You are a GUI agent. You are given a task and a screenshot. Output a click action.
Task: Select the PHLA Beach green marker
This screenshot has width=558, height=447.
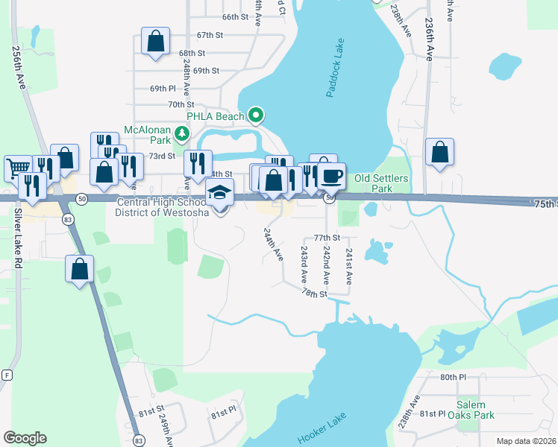coord(256,115)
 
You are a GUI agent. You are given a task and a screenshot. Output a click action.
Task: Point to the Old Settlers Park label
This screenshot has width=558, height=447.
coord(383,183)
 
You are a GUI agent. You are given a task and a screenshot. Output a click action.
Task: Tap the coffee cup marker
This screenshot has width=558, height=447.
coord(332,176)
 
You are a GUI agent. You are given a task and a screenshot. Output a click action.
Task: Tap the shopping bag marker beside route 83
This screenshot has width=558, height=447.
coord(80,268)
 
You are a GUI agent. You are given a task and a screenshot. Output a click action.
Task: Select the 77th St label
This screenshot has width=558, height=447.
coord(327,238)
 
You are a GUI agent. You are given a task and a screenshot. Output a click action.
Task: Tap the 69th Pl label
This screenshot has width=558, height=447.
coord(162,89)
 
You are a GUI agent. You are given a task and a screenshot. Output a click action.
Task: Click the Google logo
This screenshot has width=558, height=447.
coord(25,438)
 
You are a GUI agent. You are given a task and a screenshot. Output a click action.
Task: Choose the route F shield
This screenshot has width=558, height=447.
coord(7,374)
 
